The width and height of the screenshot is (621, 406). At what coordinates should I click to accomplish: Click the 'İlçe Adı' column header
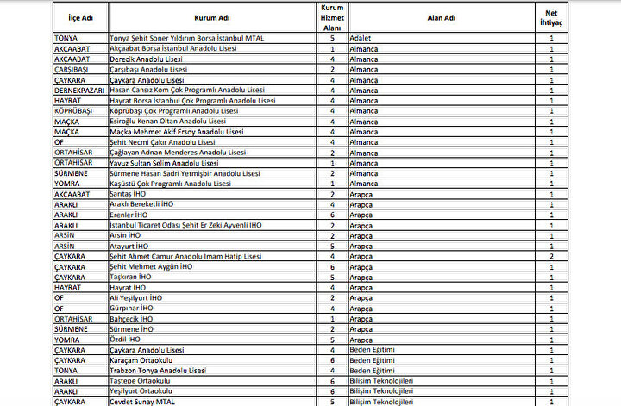pyautogui.click(x=79, y=16)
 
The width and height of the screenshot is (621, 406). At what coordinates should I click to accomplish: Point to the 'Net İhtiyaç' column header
pyautogui.click(x=551, y=16)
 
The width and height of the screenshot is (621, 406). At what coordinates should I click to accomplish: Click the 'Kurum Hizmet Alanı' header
pyautogui.click(x=332, y=16)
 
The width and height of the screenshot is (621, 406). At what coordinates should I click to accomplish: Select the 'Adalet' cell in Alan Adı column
pyautogui.click(x=362, y=39)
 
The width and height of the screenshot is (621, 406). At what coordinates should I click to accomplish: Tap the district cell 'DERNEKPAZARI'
pyautogui.click(x=80, y=91)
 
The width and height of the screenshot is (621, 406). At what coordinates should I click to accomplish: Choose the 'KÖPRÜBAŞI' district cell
pyautogui.click(x=72, y=111)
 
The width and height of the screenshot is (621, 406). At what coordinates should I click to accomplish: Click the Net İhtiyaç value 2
pyautogui.click(x=551, y=257)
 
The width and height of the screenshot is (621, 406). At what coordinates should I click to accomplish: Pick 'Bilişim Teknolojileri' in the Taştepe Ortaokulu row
pyautogui.click(x=382, y=381)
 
